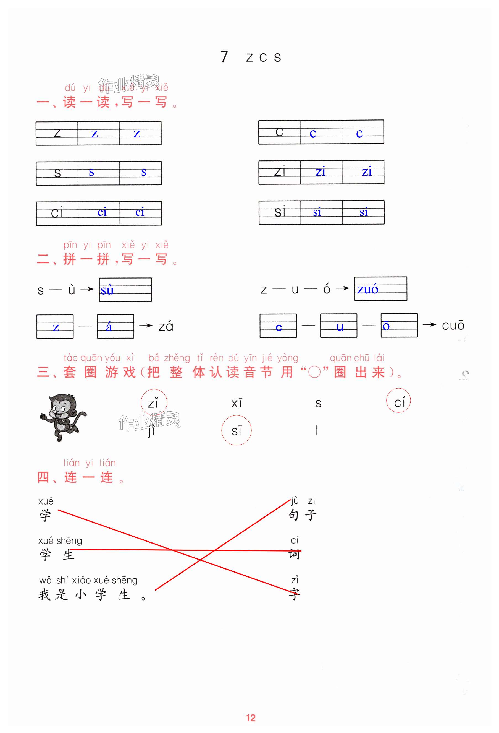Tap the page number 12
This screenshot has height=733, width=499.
tap(250, 718)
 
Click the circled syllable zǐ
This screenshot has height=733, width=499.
tap(153, 402)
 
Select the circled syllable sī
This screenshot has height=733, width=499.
tap(236, 430)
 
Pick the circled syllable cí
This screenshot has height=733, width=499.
tap(398, 401)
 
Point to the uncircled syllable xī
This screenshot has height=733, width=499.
tap(237, 403)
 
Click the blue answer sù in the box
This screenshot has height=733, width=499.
tap(107, 290)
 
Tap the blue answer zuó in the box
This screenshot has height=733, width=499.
tap(367, 289)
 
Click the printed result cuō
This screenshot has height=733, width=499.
tap(453, 325)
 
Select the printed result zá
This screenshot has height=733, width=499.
tap(166, 326)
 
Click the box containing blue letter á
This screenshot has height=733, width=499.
tap(115, 326)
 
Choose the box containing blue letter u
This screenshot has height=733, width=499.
tap(339, 326)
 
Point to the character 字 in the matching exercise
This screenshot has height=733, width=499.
tap(294, 594)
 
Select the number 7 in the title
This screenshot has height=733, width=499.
tap(224, 57)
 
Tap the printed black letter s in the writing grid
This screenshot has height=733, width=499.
tap(57, 173)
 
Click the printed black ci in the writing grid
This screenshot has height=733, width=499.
tap(57, 212)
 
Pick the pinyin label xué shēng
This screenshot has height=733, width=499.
tap(60, 540)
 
